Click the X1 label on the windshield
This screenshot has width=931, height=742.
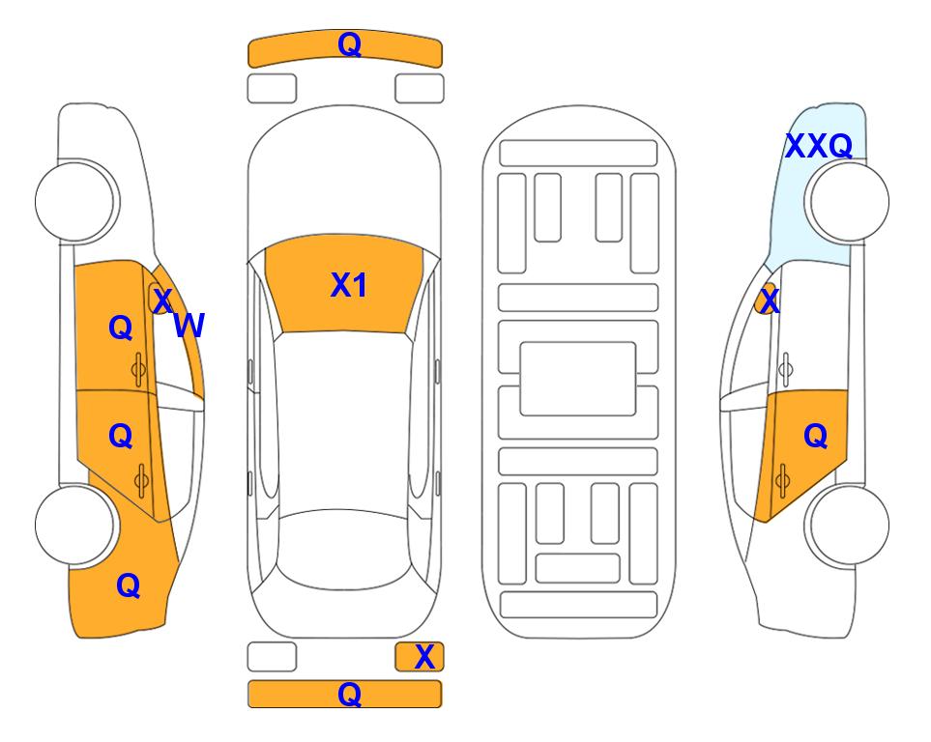click(349, 286)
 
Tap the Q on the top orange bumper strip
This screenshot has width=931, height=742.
click(349, 43)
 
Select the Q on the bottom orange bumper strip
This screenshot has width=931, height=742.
click(349, 694)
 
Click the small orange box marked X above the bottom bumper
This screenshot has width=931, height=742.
click(420, 657)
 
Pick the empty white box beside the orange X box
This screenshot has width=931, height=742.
click(272, 657)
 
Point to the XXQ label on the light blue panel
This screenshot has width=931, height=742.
click(819, 146)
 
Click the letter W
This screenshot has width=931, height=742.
click(189, 326)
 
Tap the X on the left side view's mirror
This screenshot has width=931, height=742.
click(162, 300)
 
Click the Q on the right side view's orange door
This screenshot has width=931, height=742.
click(815, 437)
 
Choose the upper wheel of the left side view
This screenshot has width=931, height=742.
click(76, 201)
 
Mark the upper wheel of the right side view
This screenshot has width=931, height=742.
click(849, 201)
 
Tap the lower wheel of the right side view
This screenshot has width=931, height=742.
click(849, 525)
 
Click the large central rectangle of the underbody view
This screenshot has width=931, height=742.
click(578, 379)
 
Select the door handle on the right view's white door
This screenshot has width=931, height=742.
click(786, 369)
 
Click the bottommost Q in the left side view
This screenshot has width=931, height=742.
click(129, 585)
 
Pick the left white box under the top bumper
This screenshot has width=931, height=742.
click(272, 89)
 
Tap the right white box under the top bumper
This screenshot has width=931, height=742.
click(420, 89)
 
